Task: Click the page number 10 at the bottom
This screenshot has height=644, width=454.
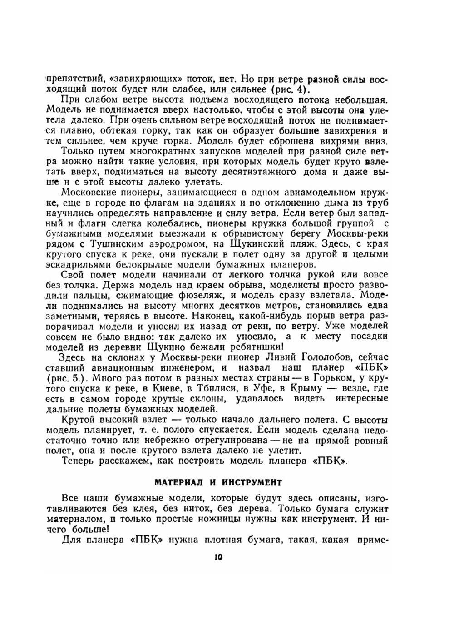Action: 218,557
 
